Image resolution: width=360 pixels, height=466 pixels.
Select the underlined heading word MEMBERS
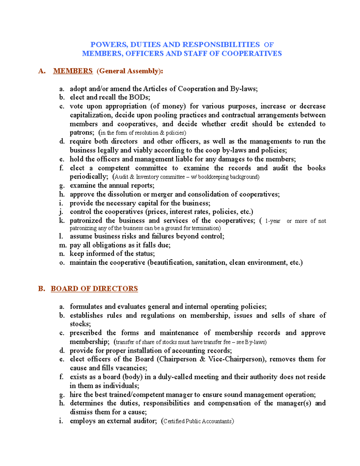(73, 71)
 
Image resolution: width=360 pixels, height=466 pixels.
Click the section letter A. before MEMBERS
(42, 71)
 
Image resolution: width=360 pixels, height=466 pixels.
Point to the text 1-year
(273, 221)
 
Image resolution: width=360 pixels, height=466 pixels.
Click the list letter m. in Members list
(62, 245)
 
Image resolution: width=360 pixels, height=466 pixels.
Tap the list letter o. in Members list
(62, 263)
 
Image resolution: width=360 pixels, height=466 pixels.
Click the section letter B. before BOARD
(41, 289)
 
